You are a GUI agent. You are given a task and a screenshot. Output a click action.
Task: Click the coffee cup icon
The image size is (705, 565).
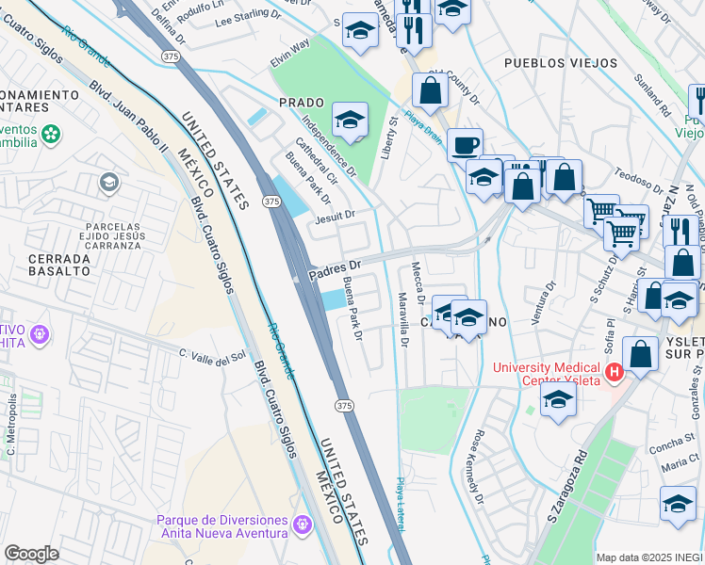(464, 146)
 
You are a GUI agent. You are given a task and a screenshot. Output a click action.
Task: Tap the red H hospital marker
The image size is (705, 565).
(615, 373)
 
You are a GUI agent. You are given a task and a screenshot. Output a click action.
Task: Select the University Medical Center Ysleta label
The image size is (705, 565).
(549, 373)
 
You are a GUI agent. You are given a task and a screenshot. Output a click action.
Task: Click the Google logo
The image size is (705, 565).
(31, 554)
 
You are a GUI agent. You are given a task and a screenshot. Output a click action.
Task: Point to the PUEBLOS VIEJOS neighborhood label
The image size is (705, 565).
(561, 63)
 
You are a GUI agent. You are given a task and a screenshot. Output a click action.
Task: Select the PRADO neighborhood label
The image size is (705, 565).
(302, 102)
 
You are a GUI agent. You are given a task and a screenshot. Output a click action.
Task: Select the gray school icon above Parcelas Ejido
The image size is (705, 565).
(109, 182)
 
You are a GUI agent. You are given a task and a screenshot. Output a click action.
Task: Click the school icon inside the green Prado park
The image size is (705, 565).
(350, 120)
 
